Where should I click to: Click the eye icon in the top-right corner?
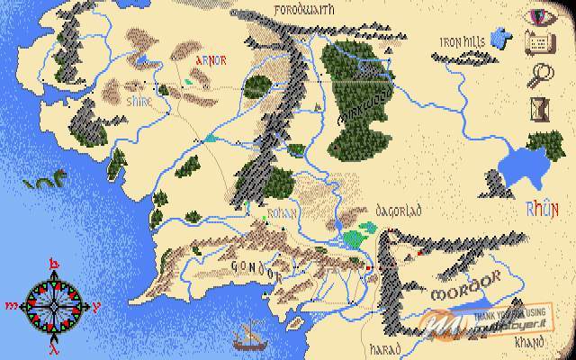pos(542,17)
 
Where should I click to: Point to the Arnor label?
pos(211,62)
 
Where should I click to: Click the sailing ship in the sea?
pos(245,337)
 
